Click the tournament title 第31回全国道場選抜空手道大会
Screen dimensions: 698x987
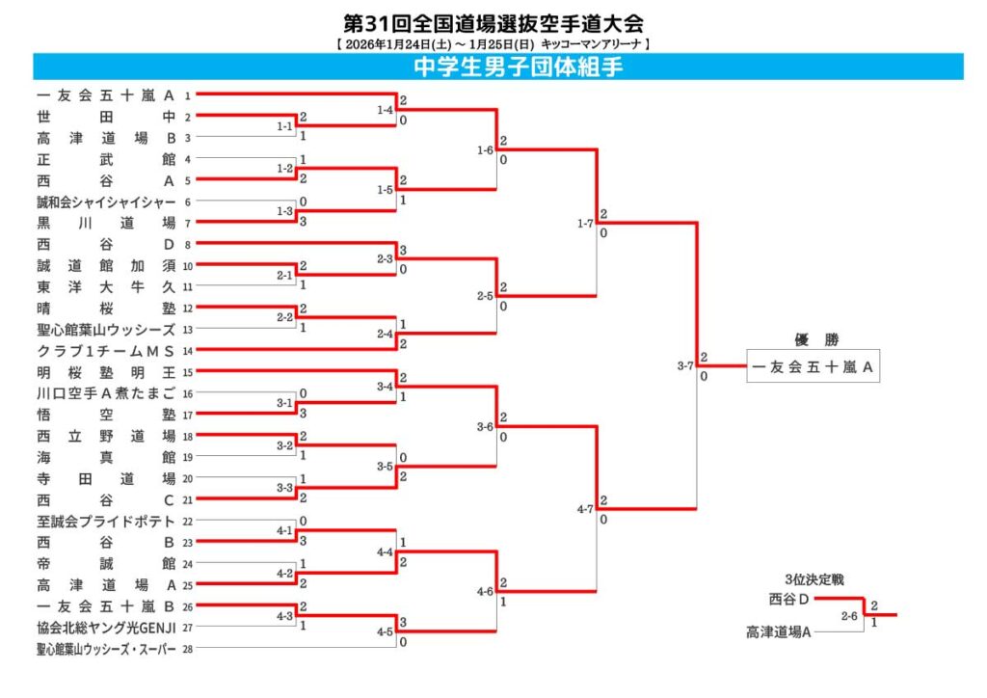coord(493,22)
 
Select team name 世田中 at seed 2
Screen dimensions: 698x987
coord(106,117)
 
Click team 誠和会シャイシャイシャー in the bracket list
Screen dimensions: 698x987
coord(106,201)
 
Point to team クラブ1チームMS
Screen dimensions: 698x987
coord(106,350)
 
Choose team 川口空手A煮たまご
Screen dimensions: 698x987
coord(106,392)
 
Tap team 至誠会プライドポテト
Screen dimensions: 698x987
coord(106,521)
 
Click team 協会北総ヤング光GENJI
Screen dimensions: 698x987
coord(106,627)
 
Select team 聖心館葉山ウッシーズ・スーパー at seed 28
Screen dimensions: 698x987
coord(106,649)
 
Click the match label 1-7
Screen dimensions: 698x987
coord(585,224)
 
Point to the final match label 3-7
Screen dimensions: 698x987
coord(685,366)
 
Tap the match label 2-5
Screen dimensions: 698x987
coord(485,296)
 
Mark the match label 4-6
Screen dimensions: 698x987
coord(485,592)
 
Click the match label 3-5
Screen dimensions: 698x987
coord(385,468)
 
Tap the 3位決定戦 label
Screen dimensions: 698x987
coord(814,579)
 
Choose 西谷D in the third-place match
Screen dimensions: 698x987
coord(788,599)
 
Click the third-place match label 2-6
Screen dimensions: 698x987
coord(849,615)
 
